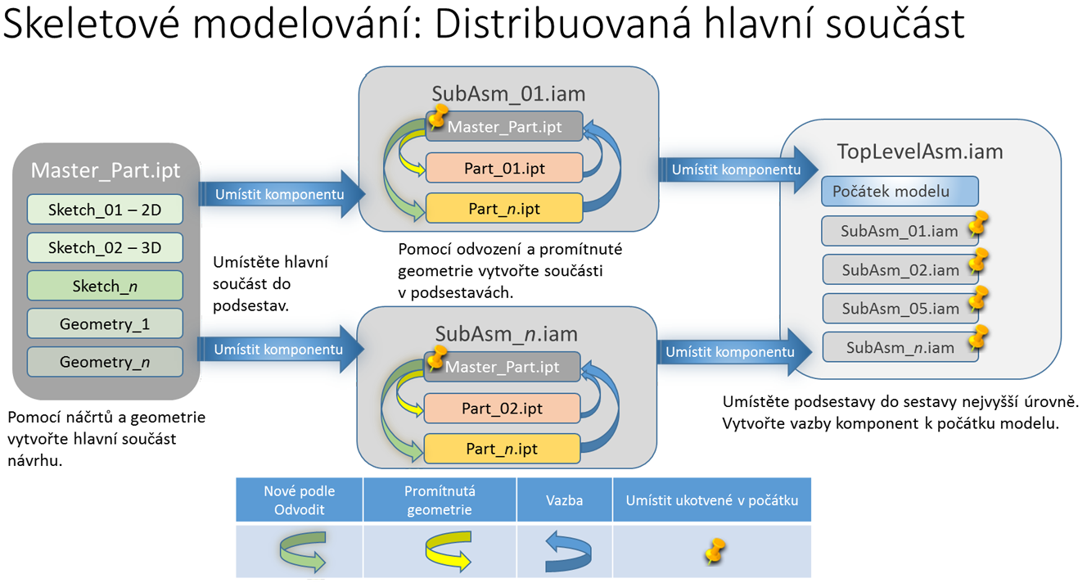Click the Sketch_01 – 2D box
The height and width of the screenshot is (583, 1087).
tap(105, 210)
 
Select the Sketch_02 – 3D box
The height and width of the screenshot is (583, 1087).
tap(105, 247)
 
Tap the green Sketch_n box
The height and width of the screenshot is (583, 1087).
tap(105, 285)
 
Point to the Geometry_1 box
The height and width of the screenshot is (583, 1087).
tap(105, 323)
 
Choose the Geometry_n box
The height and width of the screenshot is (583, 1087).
tap(105, 361)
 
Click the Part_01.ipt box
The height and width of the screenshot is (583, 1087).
tap(503, 168)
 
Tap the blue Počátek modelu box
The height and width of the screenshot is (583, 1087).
tap(900, 191)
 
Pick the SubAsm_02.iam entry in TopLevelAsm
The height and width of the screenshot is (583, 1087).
tap(900, 269)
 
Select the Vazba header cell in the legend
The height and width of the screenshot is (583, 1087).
tap(564, 499)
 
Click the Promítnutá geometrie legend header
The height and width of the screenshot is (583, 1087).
tap(440, 499)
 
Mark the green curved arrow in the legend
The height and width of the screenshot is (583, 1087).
tap(301, 551)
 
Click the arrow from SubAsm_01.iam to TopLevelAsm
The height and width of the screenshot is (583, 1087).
tap(737, 170)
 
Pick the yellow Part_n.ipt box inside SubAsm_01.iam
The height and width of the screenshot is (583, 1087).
tap(503, 209)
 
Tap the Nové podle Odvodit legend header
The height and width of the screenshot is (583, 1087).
tap(300, 499)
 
